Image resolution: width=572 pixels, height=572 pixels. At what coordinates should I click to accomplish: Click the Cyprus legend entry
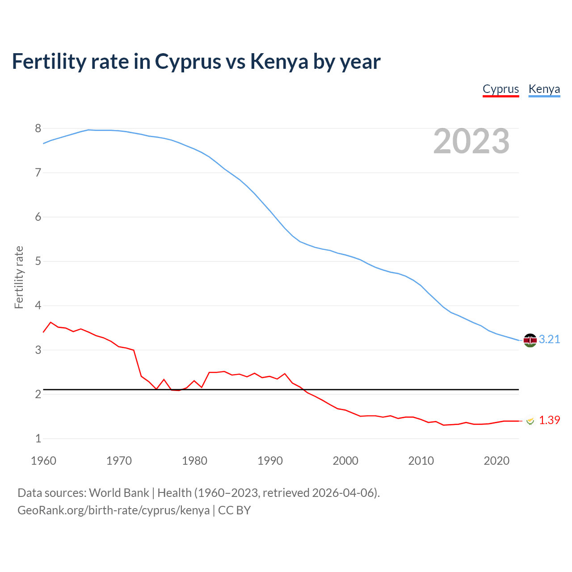(500, 89)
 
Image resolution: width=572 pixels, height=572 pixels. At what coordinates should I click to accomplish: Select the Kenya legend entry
(544, 89)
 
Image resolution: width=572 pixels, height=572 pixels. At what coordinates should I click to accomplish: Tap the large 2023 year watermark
(471, 141)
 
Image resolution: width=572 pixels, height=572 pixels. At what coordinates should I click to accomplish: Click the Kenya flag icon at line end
(530, 340)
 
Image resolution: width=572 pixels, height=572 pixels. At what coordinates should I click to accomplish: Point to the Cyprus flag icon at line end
(530, 421)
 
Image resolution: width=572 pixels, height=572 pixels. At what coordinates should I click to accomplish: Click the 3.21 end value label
(549, 340)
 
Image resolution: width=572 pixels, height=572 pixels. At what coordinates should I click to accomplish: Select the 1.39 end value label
(549, 421)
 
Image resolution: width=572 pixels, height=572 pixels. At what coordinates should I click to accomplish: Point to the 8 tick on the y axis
(38, 129)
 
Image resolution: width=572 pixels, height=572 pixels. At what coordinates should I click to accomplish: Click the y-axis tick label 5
(38, 261)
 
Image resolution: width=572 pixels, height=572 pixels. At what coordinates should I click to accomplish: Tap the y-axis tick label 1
(38, 439)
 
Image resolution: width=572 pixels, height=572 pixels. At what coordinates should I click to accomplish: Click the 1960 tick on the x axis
(43, 461)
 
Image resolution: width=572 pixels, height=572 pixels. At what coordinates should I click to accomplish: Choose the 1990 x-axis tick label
(270, 461)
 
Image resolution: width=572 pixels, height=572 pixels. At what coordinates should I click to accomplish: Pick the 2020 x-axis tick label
(496, 461)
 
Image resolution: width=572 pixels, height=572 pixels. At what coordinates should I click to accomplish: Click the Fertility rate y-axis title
(19, 277)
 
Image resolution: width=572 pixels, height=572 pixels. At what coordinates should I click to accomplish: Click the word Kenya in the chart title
(279, 62)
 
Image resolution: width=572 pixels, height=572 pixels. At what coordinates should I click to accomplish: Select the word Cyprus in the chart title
(188, 62)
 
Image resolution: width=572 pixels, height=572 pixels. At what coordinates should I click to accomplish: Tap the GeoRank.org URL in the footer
(114, 510)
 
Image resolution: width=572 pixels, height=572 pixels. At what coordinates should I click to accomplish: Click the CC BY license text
(234, 510)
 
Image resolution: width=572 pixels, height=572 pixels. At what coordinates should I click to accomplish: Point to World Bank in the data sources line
(119, 493)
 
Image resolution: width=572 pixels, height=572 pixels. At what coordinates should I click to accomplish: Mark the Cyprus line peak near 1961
(50, 322)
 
